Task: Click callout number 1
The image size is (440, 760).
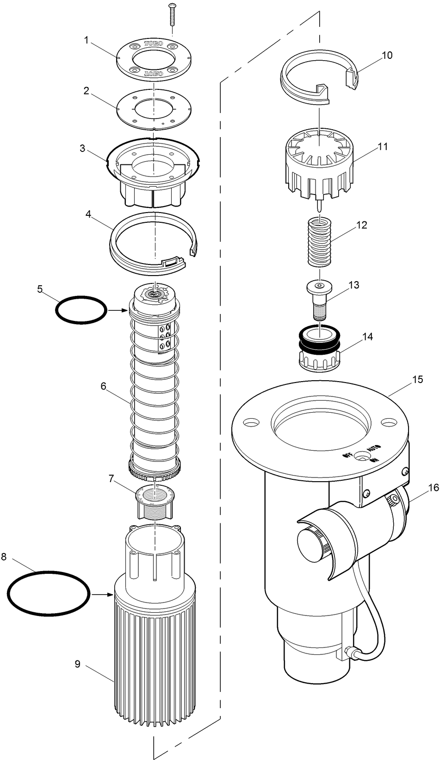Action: click(x=87, y=39)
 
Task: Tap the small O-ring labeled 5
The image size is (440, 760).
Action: click(x=80, y=309)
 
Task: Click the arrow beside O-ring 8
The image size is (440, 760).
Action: click(x=102, y=594)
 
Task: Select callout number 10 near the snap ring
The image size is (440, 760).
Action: click(x=387, y=55)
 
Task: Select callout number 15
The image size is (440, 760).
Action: click(x=417, y=379)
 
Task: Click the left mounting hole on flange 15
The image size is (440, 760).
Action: click(x=251, y=423)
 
